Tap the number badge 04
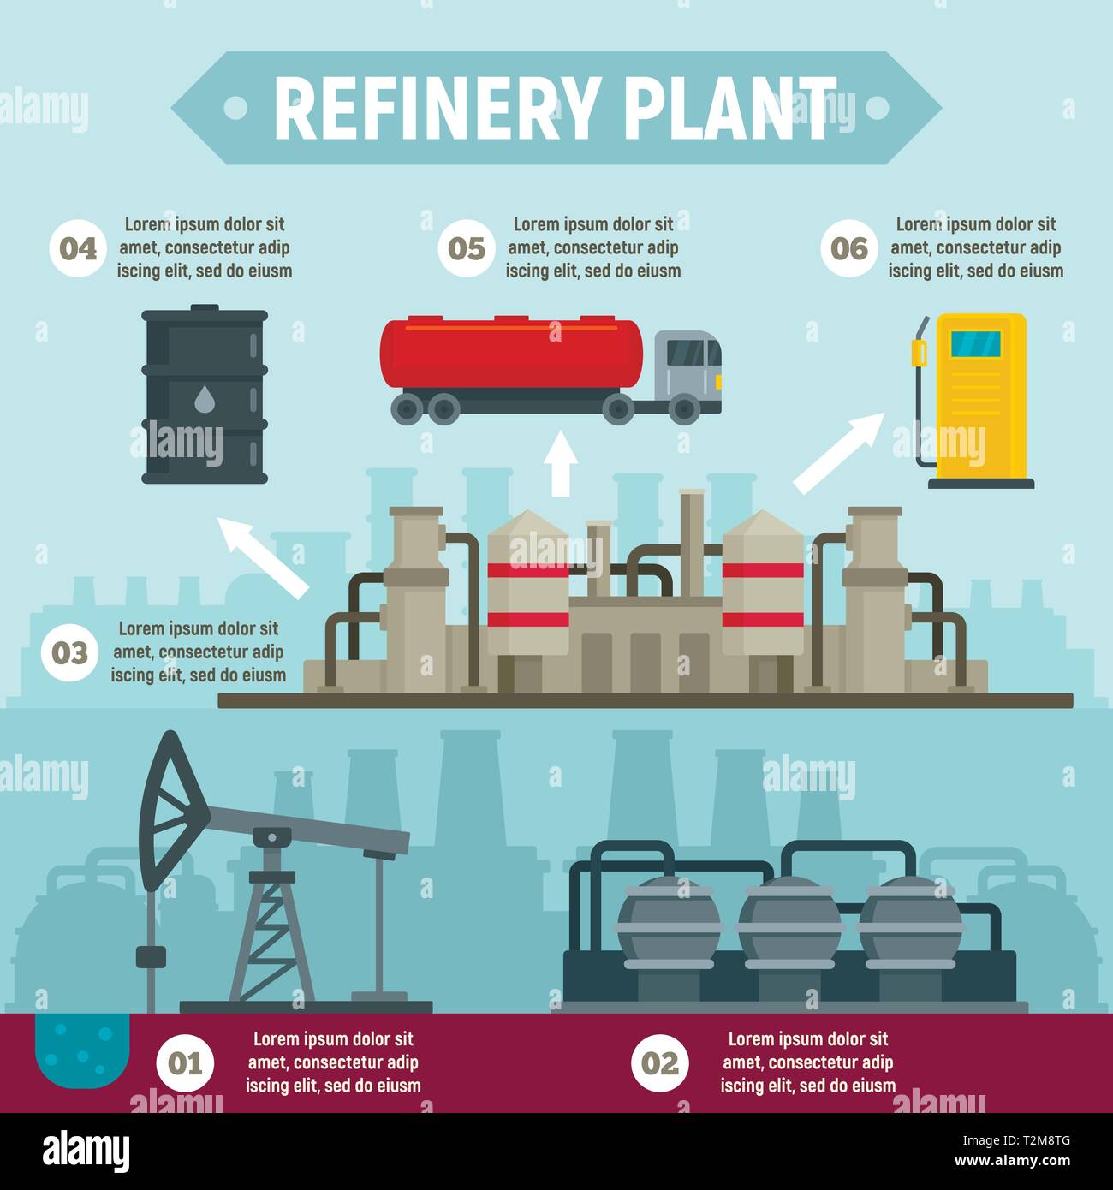[78, 249]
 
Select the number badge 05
[467, 249]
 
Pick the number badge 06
[849, 249]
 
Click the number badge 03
[69, 653]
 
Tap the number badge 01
[184, 1064]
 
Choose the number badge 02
[659, 1064]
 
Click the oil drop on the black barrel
[205, 399]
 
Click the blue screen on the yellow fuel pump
[975, 343]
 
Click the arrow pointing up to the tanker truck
[561, 463]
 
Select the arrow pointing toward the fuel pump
[840, 452]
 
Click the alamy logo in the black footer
[86, 1150]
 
